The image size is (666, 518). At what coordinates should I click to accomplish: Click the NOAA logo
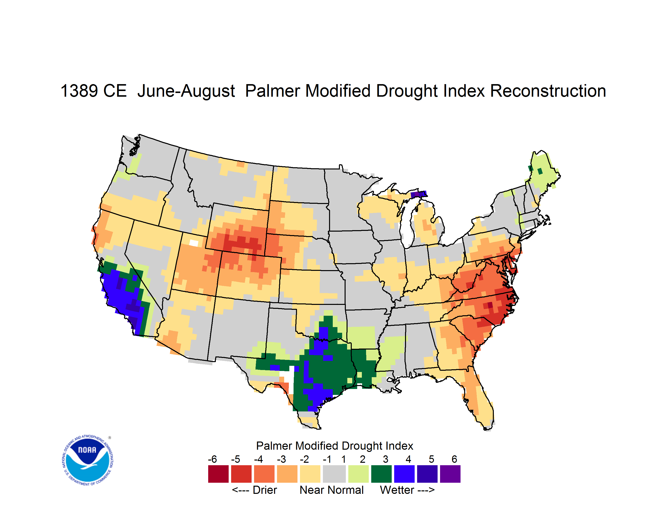click(x=87, y=460)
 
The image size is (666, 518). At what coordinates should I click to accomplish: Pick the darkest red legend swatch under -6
click(x=218, y=474)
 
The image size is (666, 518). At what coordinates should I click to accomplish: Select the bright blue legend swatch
click(x=404, y=474)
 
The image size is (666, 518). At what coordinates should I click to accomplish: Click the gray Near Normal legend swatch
click(x=334, y=474)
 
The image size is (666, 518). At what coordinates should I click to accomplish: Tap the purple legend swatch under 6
click(x=450, y=474)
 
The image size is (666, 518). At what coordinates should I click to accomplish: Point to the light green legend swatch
click(x=359, y=474)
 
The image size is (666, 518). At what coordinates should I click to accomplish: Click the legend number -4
click(x=258, y=459)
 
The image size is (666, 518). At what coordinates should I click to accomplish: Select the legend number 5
click(x=431, y=459)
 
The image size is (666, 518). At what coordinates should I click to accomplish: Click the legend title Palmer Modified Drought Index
click(x=334, y=446)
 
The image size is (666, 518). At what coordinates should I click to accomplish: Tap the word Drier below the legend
click(x=265, y=490)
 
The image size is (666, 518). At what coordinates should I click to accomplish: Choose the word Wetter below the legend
click(x=397, y=490)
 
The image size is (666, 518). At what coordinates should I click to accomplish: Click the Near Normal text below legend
click(x=332, y=490)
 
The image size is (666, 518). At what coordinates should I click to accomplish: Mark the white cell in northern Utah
click(x=194, y=243)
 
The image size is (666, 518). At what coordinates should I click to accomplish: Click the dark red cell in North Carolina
click(x=490, y=305)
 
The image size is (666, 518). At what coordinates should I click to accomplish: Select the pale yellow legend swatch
click(x=310, y=474)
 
